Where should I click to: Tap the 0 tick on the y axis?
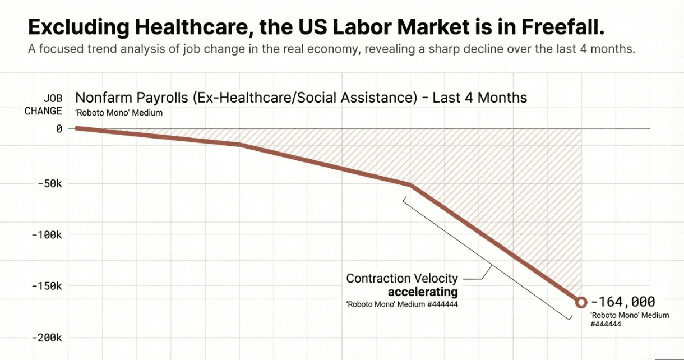point(58,129)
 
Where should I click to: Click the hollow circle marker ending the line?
point(581,302)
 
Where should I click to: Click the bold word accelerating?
point(423,292)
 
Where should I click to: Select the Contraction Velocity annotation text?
point(402,278)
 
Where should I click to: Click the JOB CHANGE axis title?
point(43,104)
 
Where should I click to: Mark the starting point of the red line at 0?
point(77,128)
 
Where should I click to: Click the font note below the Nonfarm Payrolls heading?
point(118,113)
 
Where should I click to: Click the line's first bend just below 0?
point(240,145)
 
